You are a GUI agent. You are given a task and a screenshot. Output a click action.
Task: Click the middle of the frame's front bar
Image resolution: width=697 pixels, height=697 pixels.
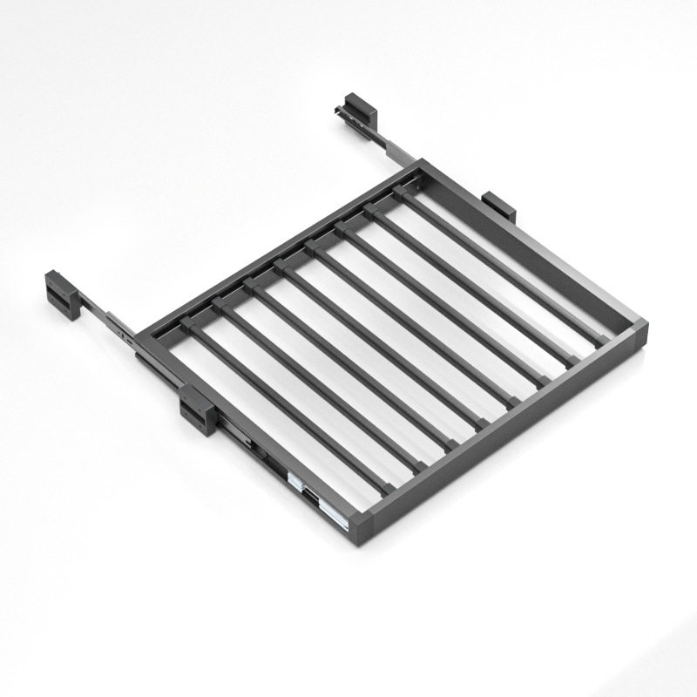(x=505, y=427)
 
